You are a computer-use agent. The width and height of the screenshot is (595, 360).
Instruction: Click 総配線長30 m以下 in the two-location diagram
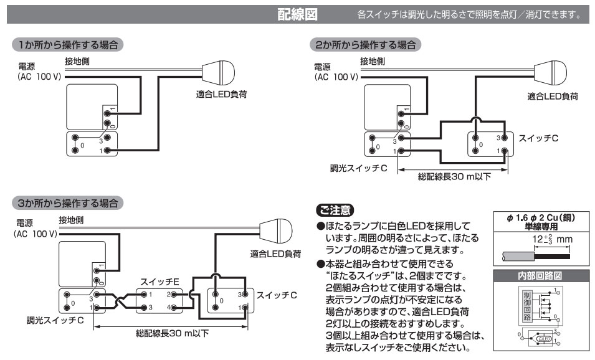[x=454, y=176]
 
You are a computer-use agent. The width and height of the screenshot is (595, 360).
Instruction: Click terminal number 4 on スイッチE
[x=169, y=308]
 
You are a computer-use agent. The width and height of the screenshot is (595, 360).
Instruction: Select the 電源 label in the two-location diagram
[x=322, y=67]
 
